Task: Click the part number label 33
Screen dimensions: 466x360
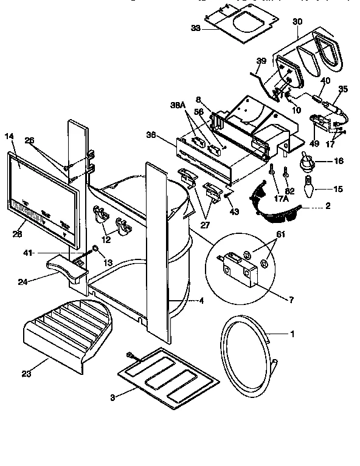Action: click(194, 27)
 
